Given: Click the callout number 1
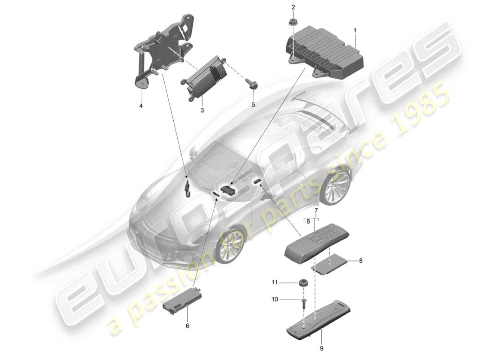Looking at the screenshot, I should click(355, 31).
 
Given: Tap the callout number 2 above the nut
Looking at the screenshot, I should click(293, 7).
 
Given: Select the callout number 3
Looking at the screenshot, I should click(202, 110).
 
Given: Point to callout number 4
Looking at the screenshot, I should click(141, 106).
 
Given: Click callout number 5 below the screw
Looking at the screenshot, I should click(253, 104).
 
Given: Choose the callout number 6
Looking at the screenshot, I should click(188, 325).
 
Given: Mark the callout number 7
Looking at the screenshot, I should click(316, 211).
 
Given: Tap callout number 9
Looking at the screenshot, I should click(321, 347).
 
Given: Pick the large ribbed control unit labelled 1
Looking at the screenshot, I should click(326, 52).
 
